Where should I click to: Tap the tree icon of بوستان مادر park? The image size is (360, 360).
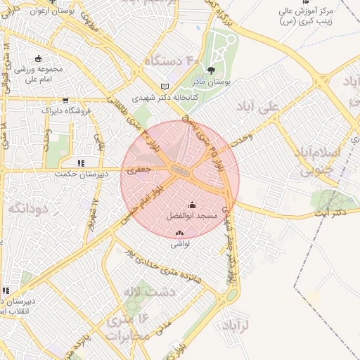[211, 70]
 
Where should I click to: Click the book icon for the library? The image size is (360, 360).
[166, 86]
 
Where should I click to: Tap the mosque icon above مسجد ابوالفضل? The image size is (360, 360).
[193, 205]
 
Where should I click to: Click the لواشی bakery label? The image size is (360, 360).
[178, 245]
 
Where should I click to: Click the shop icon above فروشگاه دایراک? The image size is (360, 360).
[66, 100]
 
